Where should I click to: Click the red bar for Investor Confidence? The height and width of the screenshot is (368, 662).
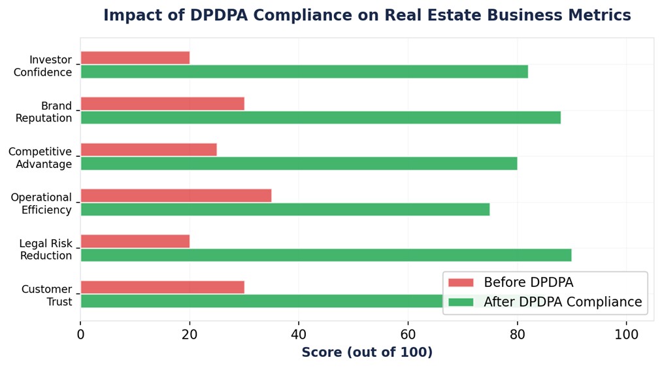(x=135, y=58)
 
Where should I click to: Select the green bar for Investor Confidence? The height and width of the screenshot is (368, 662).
(x=304, y=72)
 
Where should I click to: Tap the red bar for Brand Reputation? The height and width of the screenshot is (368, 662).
(x=162, y=104)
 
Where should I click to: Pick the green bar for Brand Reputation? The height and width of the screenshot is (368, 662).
(x=320, y=118)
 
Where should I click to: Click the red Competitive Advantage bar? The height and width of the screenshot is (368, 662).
(x=148, y=150)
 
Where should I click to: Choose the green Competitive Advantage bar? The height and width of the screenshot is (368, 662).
(x=299, y=163)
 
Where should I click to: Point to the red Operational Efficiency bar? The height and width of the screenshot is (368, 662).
(x=176, y=195)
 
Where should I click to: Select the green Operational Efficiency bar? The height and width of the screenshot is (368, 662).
(x=285, y=209)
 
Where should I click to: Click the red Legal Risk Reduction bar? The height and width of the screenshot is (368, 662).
(x=135, y=241)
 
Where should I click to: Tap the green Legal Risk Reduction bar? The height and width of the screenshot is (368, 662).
(x=325, y=255)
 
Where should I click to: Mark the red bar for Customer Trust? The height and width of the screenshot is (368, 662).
(x=162, y=287)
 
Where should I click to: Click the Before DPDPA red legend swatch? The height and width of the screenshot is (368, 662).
(x=461, y=282)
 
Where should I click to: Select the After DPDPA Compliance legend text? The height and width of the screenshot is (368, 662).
(x=563, y=302)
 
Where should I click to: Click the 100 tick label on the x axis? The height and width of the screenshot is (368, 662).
(x=627, y=334)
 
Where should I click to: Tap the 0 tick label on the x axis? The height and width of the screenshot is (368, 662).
(x=80, y=334)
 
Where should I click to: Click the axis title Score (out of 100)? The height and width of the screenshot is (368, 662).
(x=367, y=352)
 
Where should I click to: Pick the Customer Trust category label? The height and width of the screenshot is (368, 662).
(x=46, y=295)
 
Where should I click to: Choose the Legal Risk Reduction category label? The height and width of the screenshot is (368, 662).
(x=46, y=250)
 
